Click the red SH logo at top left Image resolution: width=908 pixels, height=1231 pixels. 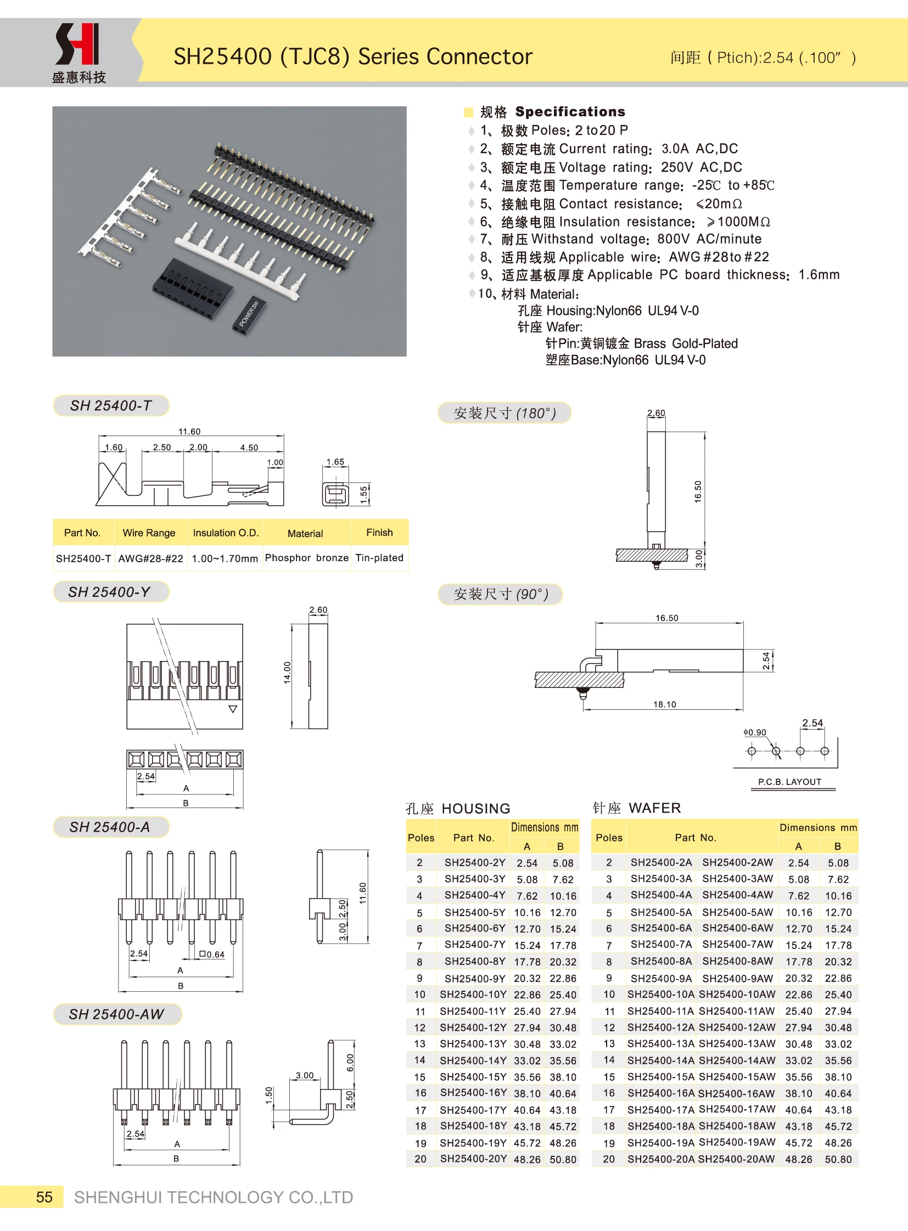pyautogui.click(x=77, y=44)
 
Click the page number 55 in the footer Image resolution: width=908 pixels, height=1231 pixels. pyautogui.click(x=44, y=1197)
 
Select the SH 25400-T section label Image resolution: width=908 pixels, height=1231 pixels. pyautogui.click(x=110, y=405)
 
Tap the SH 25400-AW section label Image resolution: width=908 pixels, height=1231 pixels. pyautogui.click(x=116, y=1014)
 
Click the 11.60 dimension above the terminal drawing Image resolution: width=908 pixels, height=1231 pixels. pyautogui.click(x=189, y=432)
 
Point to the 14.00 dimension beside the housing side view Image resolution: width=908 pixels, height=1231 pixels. pyautogui.click(x=287, y=673)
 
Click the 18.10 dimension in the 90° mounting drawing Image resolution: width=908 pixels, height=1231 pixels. pyautogui.click(x=664, y=704)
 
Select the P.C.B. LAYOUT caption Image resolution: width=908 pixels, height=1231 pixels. pyautogui.click(x=789, y=782)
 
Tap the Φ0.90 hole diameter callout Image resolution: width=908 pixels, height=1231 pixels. pyautogui.click(x=755, y=732)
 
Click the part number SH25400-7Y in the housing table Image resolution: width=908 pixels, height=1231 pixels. pyautogui.click(x=475, y=944)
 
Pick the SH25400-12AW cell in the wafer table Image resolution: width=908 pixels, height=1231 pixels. pyautogui.click(x=737, y=1027)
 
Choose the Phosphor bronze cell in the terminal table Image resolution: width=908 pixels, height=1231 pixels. pyautogui.click(x=307, y=558)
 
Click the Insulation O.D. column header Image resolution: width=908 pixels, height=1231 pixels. pyautogui.click(x=225, y=533)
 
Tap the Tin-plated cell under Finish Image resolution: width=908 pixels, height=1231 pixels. pyautogui.click(x=379, y=558)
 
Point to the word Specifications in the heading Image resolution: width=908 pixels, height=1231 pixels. pyautogui.click(x=570, y=112)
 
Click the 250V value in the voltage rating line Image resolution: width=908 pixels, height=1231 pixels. pyautogui.click(x=676, y=167)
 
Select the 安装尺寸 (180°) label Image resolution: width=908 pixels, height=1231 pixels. pyautogui.click(x=505, y=413)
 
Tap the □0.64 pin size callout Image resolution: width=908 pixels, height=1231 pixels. pyautogui.click(x=212, y=955)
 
